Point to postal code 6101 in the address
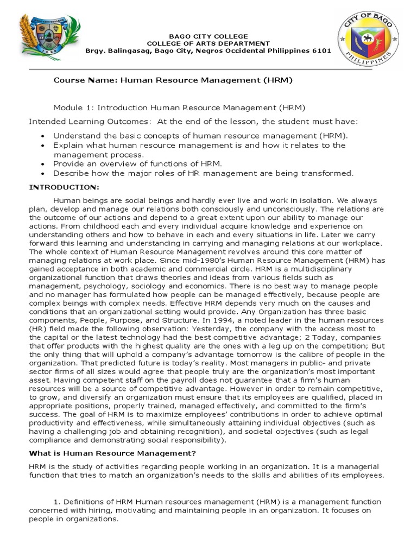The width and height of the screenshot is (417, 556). (319, 51)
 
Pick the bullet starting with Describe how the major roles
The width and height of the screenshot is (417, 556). (203, 173)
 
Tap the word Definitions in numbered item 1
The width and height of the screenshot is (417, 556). (83, 502)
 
